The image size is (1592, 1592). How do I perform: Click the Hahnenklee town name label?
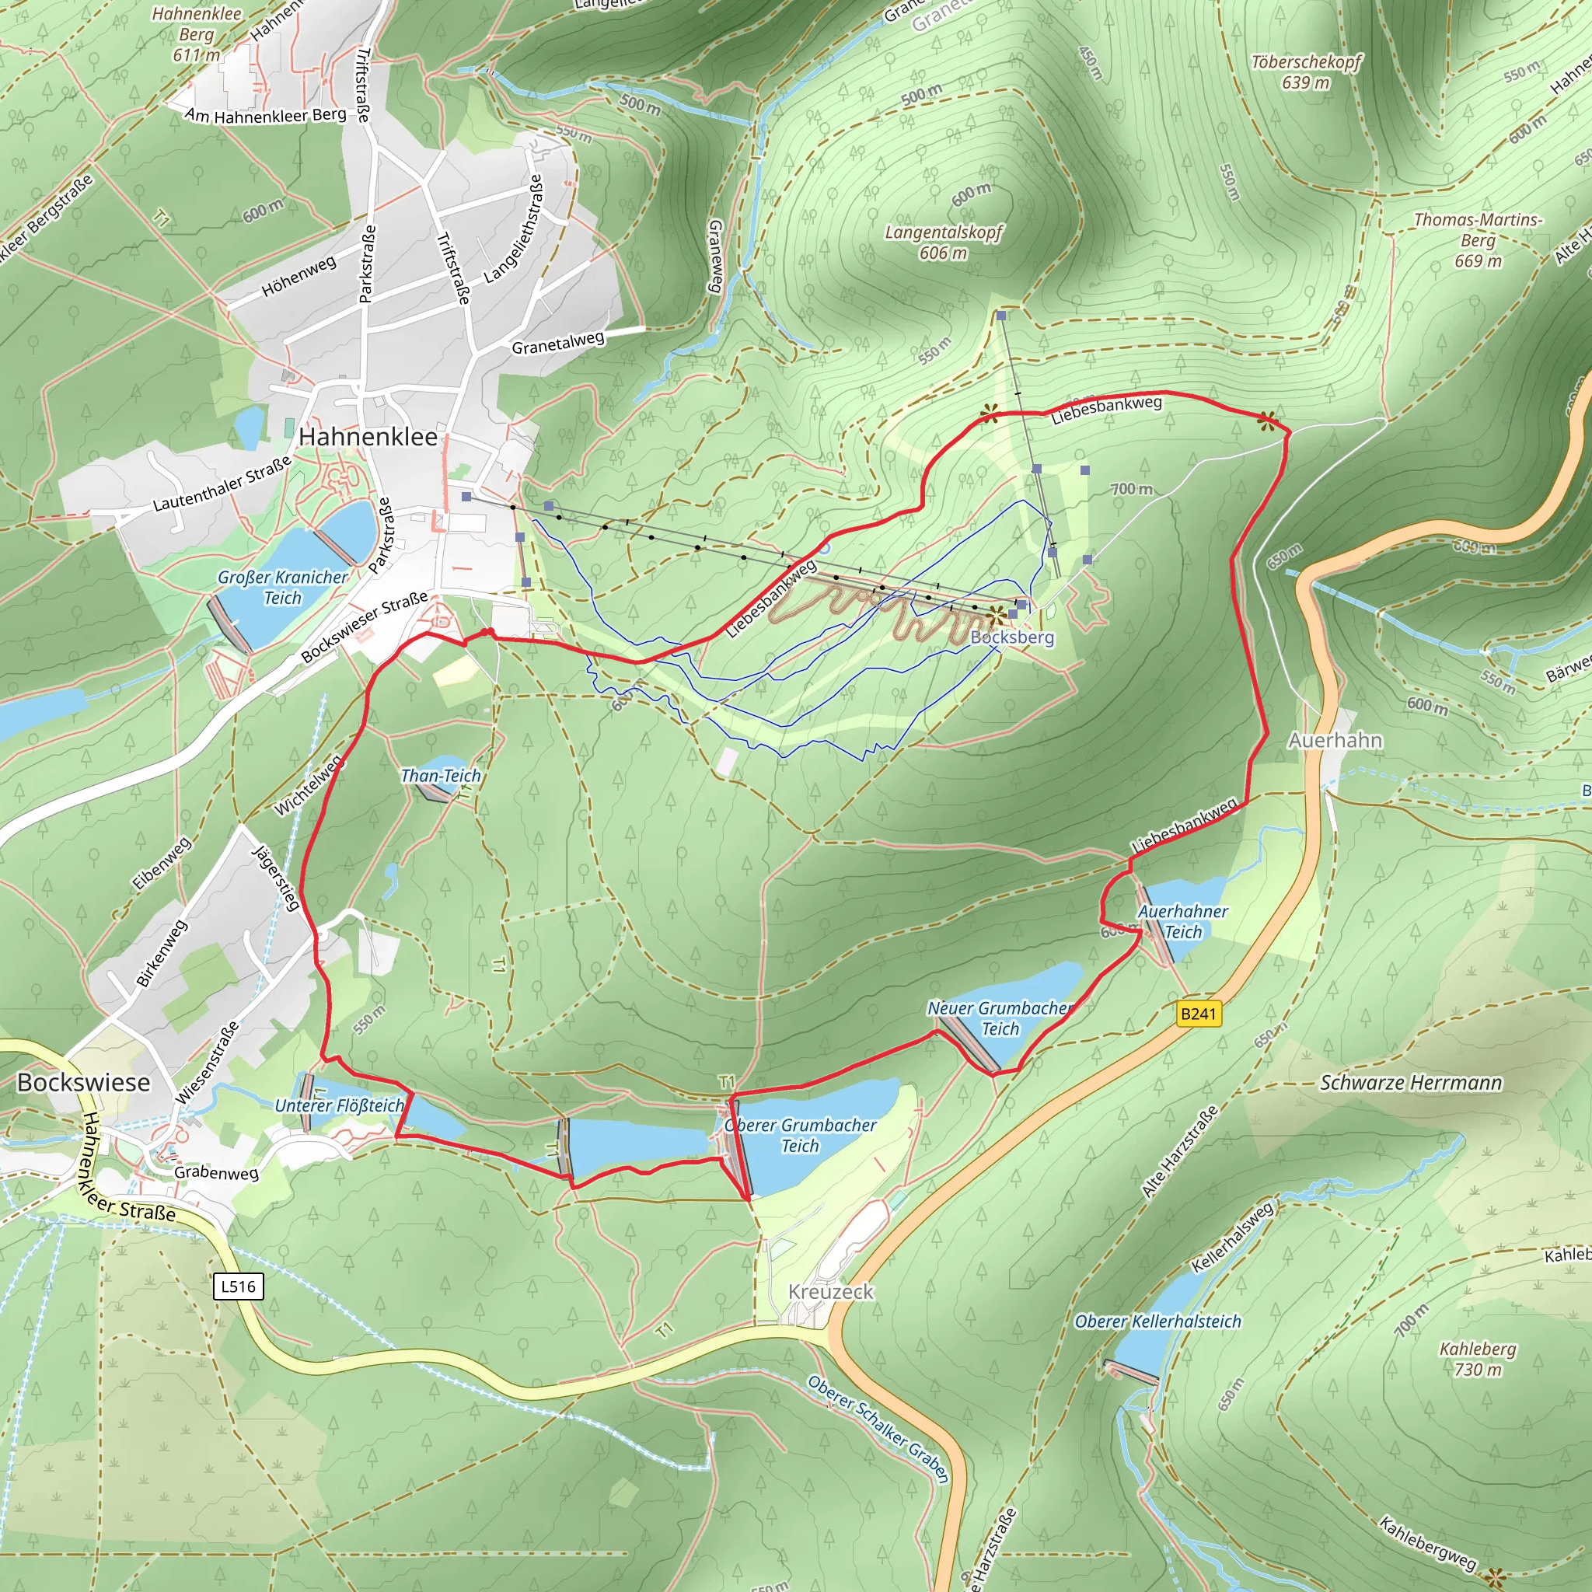coord(368,437)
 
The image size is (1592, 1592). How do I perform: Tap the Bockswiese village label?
coord(83,1083)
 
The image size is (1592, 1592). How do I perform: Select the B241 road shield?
coord(1198,1014)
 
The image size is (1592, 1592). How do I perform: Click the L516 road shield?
coord(238,1287)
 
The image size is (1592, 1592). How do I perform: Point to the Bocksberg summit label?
coord(1012,637)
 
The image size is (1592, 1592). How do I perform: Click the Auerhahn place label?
coord(1335,740)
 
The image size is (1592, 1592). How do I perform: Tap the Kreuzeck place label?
coord(831,1291)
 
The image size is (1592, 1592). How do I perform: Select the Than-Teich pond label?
coord(441,775)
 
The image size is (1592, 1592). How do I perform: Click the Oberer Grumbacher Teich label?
coord(800,1136)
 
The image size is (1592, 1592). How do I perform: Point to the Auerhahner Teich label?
coord(1182,921)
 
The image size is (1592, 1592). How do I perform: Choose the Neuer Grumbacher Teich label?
coord(1000,1018)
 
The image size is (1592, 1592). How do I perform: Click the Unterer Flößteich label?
coord(340,1106)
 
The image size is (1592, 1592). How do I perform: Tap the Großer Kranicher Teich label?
coord(283,588)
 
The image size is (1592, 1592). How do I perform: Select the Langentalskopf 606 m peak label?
coord(944,243)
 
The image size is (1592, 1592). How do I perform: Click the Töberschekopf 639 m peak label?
coord(1305,72)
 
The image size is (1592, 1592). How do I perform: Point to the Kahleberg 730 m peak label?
coord(1478,1359)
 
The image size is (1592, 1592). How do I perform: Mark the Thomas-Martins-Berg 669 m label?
coord(1478,239)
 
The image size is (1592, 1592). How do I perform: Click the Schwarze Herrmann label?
coord(1411,1083)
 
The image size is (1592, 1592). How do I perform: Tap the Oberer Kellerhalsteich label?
coord(1157,1321)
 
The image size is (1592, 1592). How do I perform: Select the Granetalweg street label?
coord(558,343)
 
